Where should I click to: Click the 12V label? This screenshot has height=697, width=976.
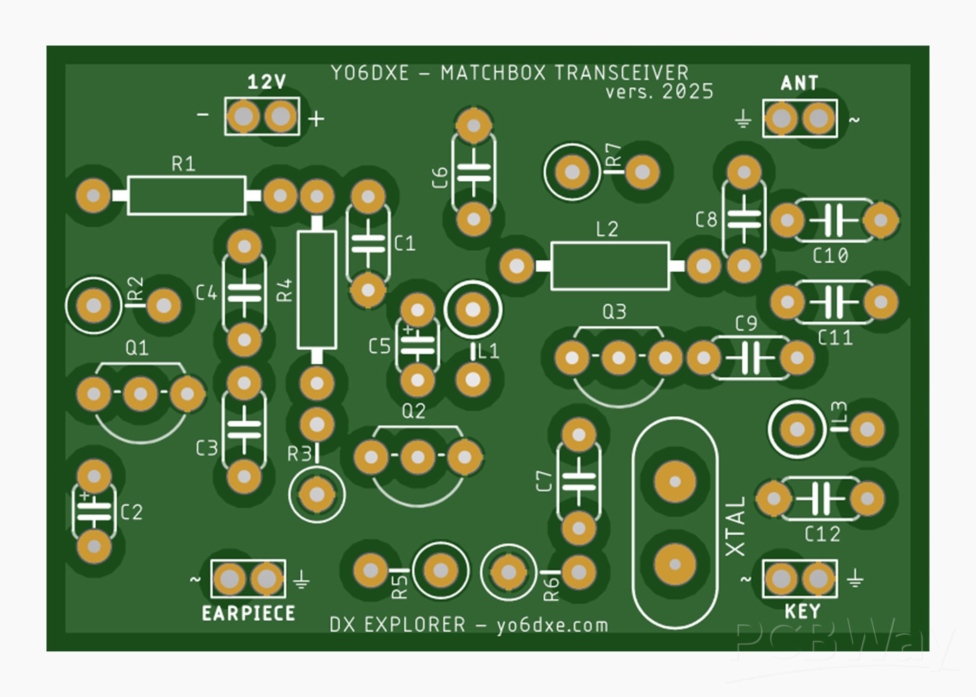pos(266,82)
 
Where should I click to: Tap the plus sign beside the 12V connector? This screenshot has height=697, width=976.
pos(317,119)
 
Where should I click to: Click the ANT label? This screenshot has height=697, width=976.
pos(799,83)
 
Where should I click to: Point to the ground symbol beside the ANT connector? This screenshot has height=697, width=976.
pos(743,119)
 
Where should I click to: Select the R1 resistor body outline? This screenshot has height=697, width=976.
pos(186,196)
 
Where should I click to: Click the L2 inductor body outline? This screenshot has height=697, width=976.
pos(610,266)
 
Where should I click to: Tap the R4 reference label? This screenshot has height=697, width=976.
pos(285,290)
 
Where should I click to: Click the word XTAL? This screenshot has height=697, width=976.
pos(736,526)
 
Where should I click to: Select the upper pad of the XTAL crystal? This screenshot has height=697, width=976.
pos(675,482)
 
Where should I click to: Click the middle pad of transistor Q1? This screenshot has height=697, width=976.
pos(140,394)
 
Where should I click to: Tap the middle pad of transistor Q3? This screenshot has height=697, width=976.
pos(619,358)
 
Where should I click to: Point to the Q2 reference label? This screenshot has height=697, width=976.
pos(413,411)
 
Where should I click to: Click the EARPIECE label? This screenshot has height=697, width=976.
pos(248,614)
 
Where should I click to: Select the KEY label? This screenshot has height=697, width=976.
pos(803,612)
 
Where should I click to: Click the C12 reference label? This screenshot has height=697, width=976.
pos(822,535)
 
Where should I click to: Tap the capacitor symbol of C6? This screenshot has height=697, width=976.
pos(474,172)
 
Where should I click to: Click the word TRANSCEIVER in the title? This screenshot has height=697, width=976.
pos(621,73)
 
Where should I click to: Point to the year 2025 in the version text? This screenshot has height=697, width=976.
pos(687,92)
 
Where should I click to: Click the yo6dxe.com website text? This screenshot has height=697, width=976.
pos(552,625)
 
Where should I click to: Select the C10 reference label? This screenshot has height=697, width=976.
pos(830,256)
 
